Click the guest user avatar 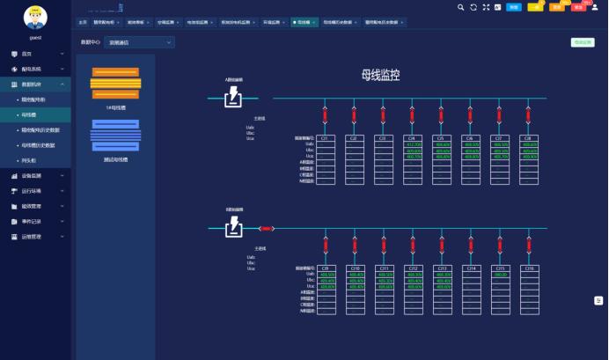35,17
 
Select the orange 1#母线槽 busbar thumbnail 115,84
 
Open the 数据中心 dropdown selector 139,41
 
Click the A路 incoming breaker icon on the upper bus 233,98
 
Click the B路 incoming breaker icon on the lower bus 233,228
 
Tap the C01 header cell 325,138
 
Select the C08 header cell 529,138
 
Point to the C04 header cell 412,138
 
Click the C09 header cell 325,268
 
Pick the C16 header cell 529,268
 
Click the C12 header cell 412,268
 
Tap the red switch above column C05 441,114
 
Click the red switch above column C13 441,244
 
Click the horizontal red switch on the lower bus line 267,229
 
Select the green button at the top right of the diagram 583,41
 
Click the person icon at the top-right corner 595,7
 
